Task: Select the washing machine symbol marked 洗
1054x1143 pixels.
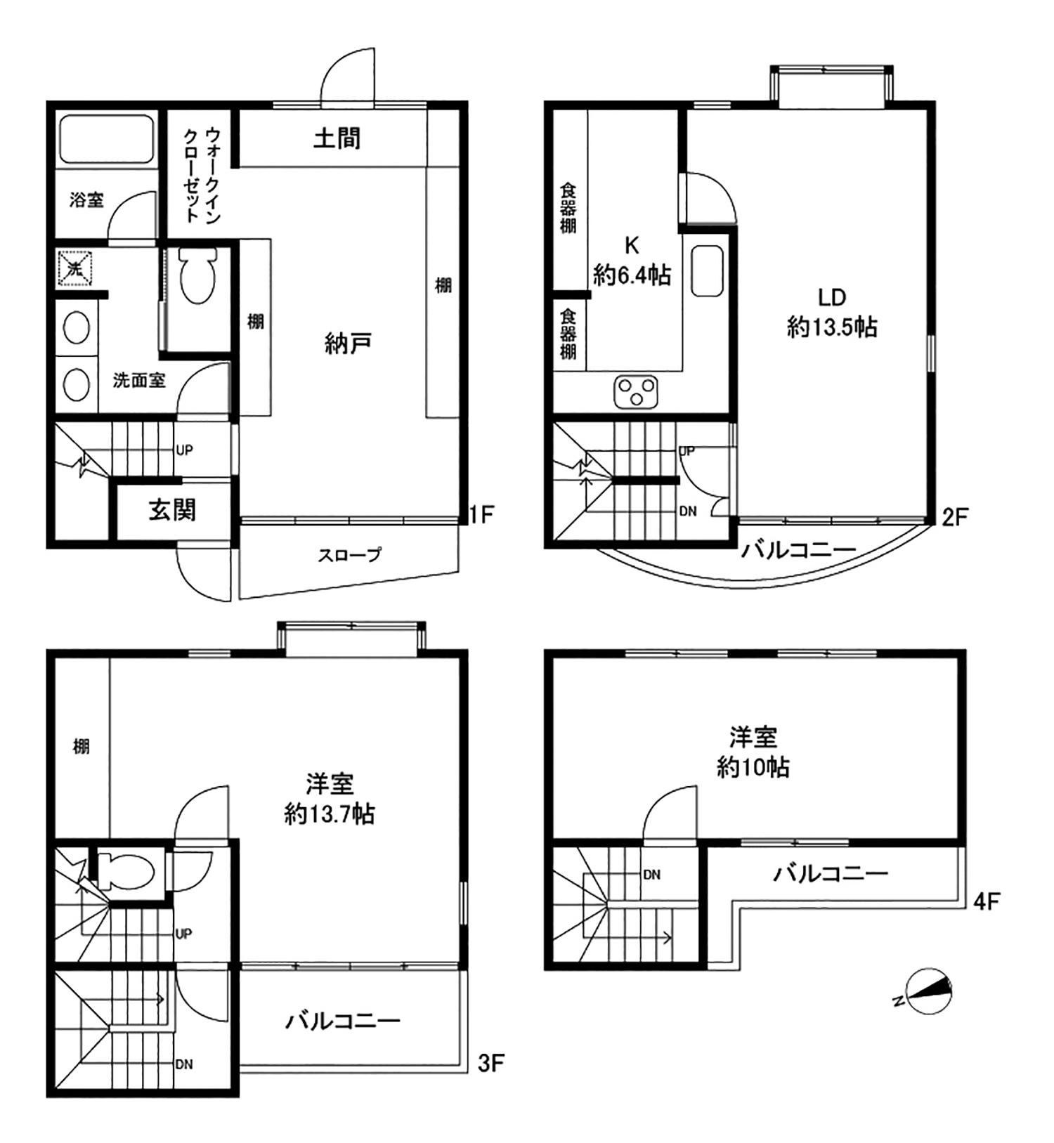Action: point(75,268)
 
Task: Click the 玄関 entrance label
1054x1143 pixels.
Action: point(172,510)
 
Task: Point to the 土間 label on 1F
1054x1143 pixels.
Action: point(337,138)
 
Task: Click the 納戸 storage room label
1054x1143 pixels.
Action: point(348,344)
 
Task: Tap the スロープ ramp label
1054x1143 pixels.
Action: point(349,555)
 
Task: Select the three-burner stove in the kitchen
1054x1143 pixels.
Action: point(636,391)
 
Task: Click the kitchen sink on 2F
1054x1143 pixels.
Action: point(707,271)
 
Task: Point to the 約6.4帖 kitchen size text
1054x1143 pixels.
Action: point(632,275)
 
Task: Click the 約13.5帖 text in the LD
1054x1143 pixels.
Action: point(832,327)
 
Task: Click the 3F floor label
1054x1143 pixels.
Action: point(491,1063)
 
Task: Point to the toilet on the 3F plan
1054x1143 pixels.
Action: point(125,872)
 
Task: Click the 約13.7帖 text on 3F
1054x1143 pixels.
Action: point(329,814)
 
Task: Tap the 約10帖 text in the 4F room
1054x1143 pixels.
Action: point(753,767)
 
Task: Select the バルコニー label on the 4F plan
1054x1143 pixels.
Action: point(831,873)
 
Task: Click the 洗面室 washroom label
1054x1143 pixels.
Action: point(139,381)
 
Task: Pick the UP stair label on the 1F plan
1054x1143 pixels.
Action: point(184,450)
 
